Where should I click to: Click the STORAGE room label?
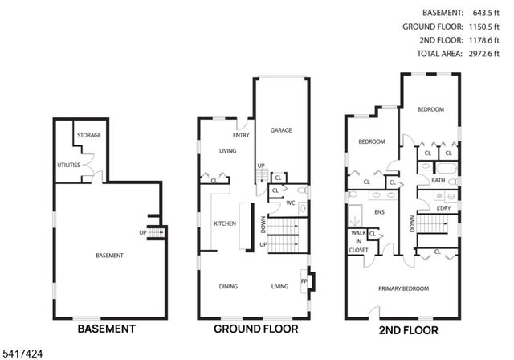[89, 135]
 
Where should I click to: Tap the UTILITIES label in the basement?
[69, 166]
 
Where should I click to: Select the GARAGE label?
[280, 130]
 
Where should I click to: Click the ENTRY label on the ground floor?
[242, 135]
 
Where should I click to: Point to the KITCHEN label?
[224, 223]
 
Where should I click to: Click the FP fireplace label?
[304, 280]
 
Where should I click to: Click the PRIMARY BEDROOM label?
[404, 288]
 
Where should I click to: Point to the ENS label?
[381, 212]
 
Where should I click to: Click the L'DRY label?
[443, 208]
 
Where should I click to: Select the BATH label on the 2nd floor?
[438, 181]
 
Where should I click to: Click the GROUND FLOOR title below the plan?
[255, 329]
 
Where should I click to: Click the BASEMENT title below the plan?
[105, 329]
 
